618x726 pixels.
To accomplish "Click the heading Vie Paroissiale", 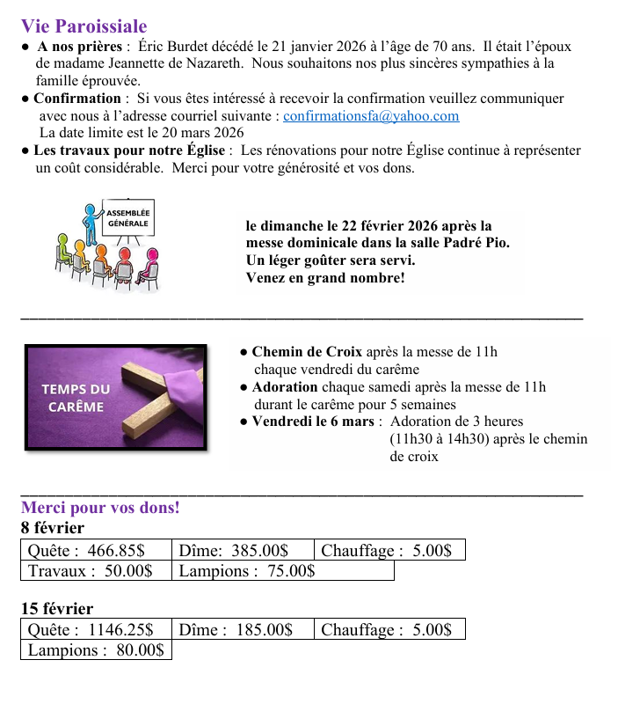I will pyautogui.click(x=84, y=27).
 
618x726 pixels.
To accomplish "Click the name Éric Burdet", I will pyautogui.click(x=176, y=47).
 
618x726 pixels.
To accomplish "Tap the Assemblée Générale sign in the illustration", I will pyautogui.click(x=128, y=217).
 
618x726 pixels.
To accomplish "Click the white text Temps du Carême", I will pyautogui.click(x=76, y=398).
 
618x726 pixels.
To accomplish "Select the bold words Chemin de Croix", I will pyautogui.click(x=307, y=352).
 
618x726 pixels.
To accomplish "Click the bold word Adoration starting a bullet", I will pyautogui.click(x=285, y=387).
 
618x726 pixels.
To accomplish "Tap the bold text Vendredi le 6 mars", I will pyautogui.click(x=313, y=422).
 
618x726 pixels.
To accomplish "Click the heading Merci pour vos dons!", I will pyautogui.click(x=100, y=508).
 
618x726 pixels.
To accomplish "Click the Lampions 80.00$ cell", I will pyautogui.click(x=96, y=650).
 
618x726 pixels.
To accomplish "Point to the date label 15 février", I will pyautogui.click(x=57, y=609).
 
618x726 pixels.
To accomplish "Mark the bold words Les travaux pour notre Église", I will pyautogui.click(x=129, y=150).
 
